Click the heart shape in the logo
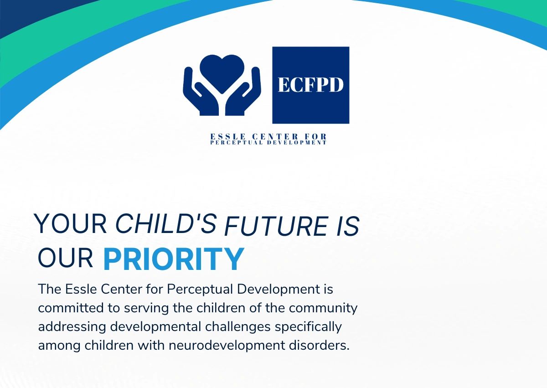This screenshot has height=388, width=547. point(222,72)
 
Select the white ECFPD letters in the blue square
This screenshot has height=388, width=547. point(310,85)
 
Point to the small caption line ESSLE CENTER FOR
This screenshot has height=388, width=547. point(268,137)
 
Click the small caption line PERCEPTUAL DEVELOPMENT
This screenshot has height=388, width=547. point(268,143)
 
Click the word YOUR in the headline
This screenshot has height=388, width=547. point(71,223)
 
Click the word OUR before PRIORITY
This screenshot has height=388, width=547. point(65,258)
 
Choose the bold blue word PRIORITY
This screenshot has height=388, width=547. point(173,259)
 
